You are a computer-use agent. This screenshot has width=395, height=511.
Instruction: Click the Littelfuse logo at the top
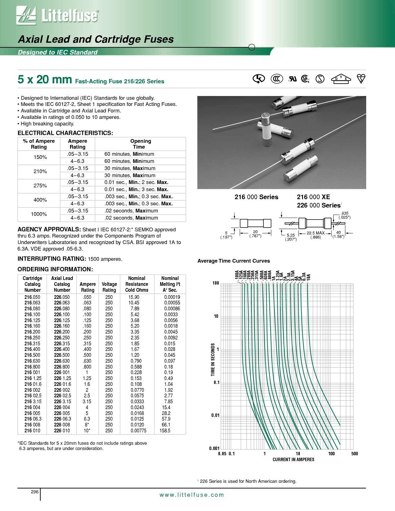point(58,15)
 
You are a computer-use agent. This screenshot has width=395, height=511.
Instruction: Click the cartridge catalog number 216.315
point(32,343)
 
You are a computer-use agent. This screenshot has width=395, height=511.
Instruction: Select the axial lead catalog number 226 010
point(62,430)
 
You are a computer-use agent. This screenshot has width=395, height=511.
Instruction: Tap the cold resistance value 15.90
point(134,297)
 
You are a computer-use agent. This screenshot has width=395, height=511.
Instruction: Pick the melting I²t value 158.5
point(165,430)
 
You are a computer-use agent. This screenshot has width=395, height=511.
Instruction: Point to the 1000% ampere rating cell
point(39,214)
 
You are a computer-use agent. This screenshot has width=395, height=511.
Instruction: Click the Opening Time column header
point(140,144)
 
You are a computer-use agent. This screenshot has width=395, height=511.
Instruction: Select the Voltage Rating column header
point(109,287)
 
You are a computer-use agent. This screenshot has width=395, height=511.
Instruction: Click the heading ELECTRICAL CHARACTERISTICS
point(65,133)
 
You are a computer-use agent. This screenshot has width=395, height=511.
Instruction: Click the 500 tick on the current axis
point(354,454)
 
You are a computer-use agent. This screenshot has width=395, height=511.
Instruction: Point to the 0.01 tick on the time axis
point(215,415)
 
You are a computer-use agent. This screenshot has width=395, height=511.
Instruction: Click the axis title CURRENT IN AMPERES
point(293,460)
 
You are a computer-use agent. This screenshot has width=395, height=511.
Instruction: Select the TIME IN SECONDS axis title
point(213,360)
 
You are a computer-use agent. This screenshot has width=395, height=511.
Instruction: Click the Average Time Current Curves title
point(234,261)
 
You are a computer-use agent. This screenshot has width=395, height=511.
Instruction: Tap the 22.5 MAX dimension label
point(315,233)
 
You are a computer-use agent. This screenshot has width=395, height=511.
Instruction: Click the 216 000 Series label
point(256,197)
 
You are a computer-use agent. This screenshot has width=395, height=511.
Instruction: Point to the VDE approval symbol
point(341,79)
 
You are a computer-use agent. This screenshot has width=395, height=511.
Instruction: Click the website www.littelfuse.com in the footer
point(191,495)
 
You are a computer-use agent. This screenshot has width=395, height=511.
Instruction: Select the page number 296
point(35,492)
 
